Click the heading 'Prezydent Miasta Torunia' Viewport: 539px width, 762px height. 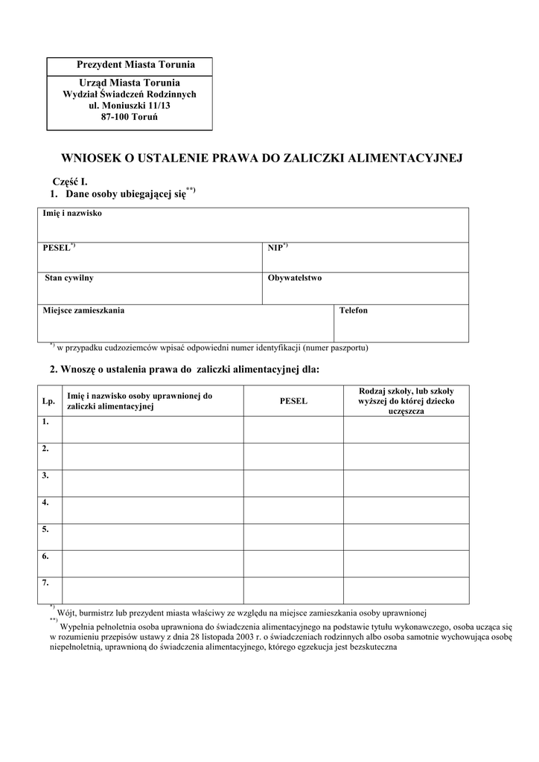[130, 65]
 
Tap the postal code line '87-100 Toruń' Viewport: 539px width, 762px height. [130, 118]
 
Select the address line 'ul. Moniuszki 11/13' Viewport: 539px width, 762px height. [130, 106]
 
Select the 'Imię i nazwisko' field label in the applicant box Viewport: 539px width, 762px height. [72, 214]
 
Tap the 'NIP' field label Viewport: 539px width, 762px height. [275, 248]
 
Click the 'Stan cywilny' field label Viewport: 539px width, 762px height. [68, 278]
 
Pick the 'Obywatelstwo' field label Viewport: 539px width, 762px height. [295, 278]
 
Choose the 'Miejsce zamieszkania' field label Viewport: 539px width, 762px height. [83, 310]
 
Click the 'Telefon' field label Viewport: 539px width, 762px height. [354, 310]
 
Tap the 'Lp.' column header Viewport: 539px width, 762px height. [49, 402]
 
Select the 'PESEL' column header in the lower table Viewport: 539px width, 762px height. [293, 402]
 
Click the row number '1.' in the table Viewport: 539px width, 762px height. [46, 422]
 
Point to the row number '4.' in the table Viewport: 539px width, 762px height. [46, 502]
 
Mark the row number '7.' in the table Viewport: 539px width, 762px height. [46, 583]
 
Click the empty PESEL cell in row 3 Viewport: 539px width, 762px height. [293, 483]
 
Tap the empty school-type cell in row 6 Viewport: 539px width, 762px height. [406, 563]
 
